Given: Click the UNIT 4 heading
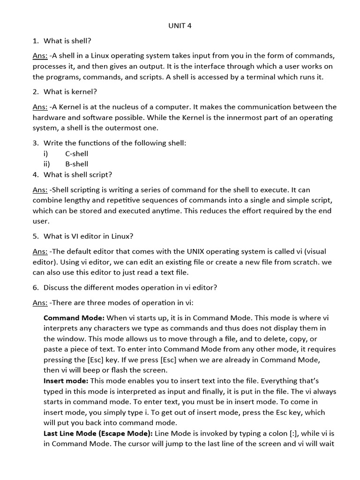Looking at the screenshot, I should [x=180, y=26].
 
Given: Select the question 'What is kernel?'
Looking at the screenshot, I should [x=70, y=92].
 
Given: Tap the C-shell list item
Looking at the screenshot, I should [x=76, y=154].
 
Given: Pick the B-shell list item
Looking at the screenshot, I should [x=76, y=164].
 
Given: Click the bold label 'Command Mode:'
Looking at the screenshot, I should [x=74, y=318].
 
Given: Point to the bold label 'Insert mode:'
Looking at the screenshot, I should [x=66, y=381].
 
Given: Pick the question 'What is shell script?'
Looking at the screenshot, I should [x=78, y=175].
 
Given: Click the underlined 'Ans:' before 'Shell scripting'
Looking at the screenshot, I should [x=40, y=190].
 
